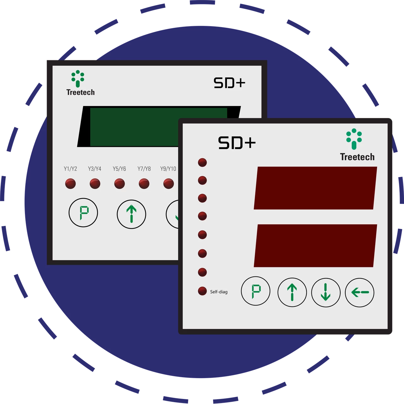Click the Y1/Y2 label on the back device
70,169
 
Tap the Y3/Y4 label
95,169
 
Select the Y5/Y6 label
119,169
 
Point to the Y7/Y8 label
144,169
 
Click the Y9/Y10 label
168,169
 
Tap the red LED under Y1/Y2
70,183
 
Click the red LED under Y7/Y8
144,183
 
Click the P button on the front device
256,291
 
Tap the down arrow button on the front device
326,292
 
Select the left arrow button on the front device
359,292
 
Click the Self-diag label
219,292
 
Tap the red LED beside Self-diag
202,291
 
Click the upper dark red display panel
315,188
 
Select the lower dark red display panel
315,246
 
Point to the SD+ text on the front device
237,143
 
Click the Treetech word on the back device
80,92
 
